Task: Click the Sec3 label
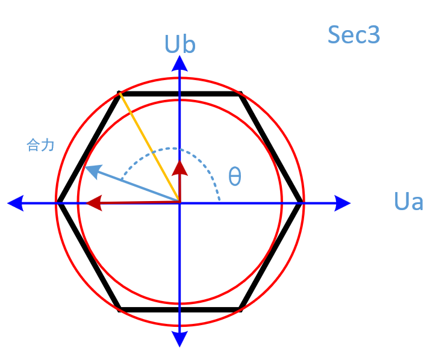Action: pos(354,35)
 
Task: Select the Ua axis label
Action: pos(408,202)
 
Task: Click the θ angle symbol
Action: pos(235,177)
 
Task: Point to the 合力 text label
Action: pos(41,145)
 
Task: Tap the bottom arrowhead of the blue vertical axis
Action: pos(179,340)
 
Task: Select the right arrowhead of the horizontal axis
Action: pos(343,203)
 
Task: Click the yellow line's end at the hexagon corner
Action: pos(120,93)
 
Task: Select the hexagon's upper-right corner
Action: pos(240,94)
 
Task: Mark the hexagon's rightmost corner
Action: pos(301,203)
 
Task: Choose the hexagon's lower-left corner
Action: pos(120,309)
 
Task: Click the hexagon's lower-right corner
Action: pos(240,309)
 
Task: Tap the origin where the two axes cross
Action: pos(179,203)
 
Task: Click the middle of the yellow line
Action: pos(149,147)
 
